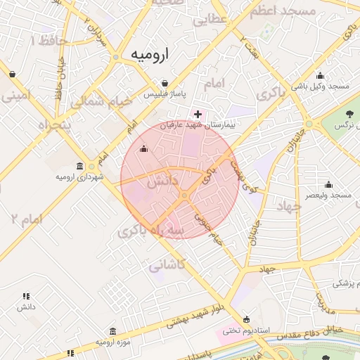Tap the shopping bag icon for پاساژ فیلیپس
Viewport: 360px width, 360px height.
coord(165,83)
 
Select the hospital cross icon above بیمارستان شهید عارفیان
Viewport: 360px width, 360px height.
coord(198,113)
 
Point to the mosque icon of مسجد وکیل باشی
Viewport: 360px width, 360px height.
coord(321,75)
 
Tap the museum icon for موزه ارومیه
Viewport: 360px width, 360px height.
coord(112,331)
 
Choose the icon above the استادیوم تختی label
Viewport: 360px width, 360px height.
coord(245,319)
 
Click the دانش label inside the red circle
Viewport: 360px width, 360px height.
coord(162,181)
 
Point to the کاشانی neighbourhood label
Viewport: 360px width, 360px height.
coord(167,265)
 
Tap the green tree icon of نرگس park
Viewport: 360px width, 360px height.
coord(352,114)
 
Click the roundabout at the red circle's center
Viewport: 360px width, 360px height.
coord(184,195)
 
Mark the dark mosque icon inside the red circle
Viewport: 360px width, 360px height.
coord(144,148)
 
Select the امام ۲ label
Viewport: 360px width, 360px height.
coord(27,219)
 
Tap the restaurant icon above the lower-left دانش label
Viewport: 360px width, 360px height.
coord(27,297)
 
